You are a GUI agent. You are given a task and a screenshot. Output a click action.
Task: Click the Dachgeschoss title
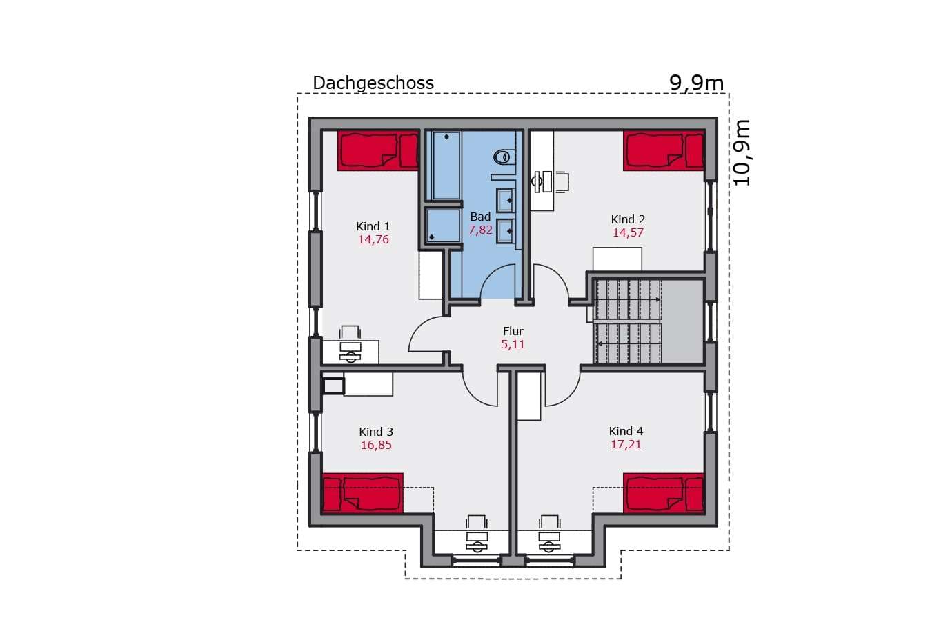point(373,83)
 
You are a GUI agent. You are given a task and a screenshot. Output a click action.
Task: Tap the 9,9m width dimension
point(696,83)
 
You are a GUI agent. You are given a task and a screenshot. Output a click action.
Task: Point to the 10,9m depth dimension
point(742,152)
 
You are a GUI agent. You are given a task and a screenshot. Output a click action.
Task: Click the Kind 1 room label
point(373,226)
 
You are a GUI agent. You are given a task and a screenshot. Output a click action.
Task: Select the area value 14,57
point(628,232)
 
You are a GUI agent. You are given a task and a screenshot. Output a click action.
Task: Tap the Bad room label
point(480,217)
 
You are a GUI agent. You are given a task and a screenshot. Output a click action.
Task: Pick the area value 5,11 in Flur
point(513,344)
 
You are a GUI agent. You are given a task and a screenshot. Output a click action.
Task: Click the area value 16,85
point(376,445)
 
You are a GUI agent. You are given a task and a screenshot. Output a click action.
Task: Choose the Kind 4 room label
point(626,431)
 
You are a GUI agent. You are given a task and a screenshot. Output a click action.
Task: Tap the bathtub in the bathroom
point(446,166)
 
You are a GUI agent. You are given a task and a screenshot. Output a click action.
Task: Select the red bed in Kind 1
point(378,150)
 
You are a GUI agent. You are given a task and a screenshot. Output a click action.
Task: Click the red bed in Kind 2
point(664,150)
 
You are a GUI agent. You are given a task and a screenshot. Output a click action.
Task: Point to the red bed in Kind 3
point(362,493)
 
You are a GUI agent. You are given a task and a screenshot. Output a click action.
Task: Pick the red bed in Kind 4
point(664,493)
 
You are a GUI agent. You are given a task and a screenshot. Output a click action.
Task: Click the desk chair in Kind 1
point(350,332)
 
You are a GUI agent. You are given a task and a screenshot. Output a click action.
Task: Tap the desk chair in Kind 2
point(562,182)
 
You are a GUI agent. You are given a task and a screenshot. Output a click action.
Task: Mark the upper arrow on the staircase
point(629,299)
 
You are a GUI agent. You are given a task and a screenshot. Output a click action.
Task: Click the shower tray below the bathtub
point(444,226)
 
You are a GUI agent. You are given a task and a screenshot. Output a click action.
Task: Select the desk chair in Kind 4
point(549,521)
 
